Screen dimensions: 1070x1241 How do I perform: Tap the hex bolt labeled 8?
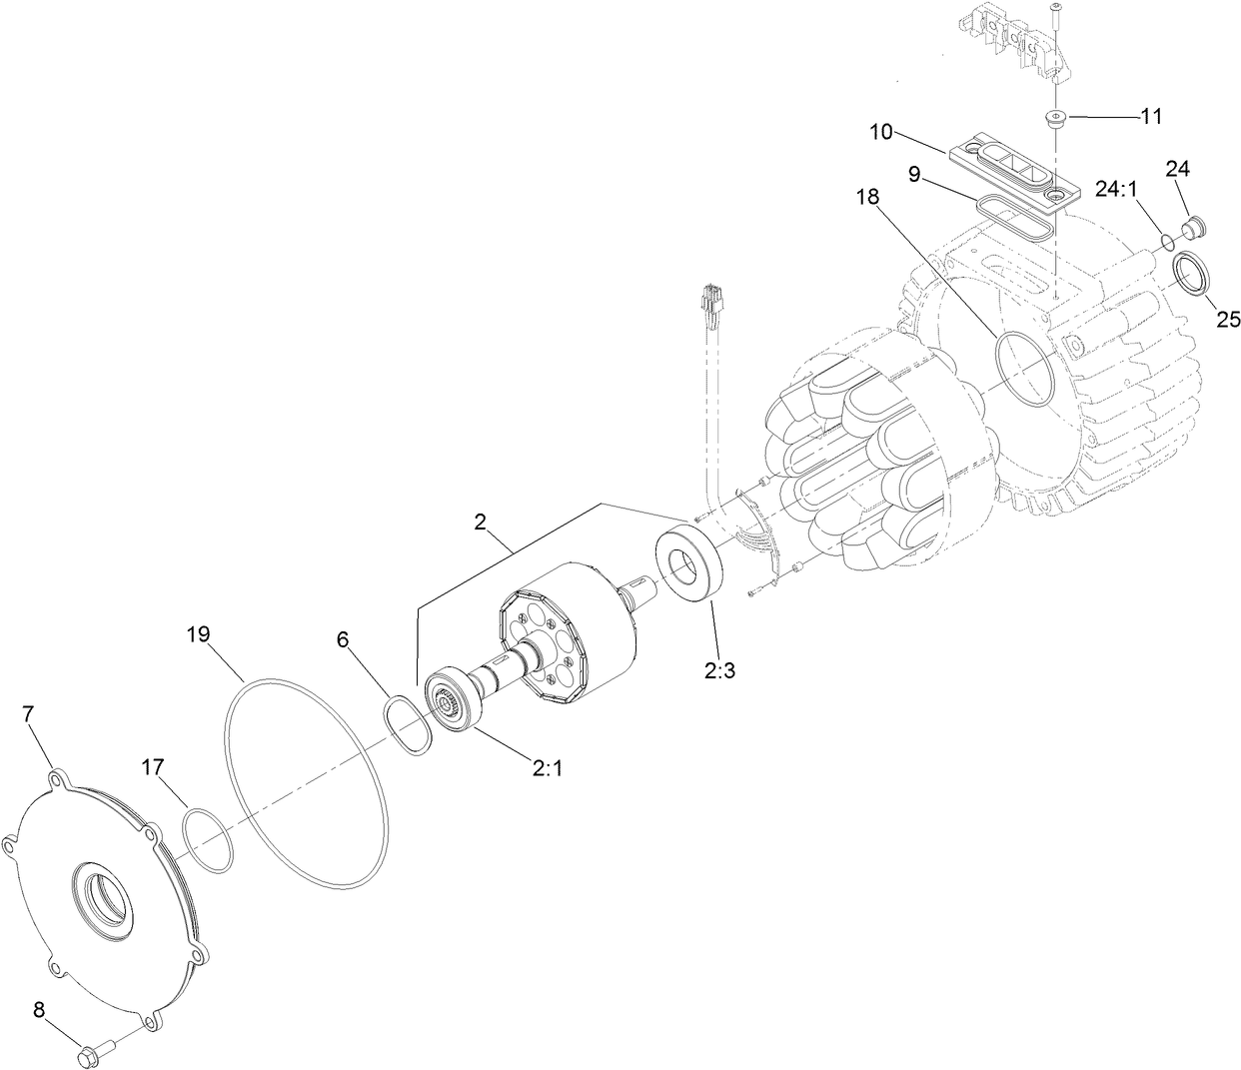(91, 1051)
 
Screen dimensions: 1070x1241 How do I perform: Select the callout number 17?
(152, 767)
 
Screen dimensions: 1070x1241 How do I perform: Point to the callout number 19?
(199, 633)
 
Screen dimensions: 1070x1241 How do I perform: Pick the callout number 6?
(343, 639)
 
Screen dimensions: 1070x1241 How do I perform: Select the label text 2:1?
(549, 768)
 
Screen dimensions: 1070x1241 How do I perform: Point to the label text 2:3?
(719, 670)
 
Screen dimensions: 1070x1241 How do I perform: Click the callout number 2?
(480, 521)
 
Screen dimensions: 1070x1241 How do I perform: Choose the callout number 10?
(883, 132)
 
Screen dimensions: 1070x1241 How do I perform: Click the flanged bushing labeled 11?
(1055, 120)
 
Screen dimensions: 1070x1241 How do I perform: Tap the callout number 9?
(914, 173)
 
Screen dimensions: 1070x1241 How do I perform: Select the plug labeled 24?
(1191, 229)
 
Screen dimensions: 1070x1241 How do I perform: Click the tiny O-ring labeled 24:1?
(1168, 240)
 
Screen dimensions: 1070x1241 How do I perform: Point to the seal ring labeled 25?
(1190, 273)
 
